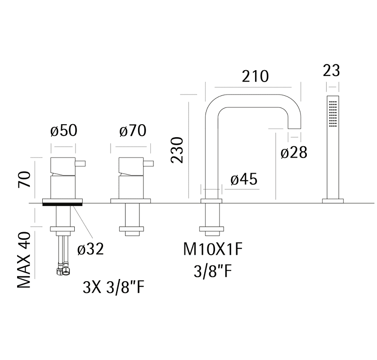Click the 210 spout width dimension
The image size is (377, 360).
(255, 76)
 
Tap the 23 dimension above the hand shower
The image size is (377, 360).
(331, 71)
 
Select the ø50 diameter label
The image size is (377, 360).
(64, 130)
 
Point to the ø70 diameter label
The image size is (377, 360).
(133, 130)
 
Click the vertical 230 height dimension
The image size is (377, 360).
(177, 150)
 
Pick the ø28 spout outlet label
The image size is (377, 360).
(294, 152)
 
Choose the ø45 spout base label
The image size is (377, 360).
(244, 179)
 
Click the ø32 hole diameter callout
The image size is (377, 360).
(90, 249)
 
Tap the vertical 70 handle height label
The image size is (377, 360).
(24, 179)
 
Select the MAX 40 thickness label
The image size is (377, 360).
(24, 260)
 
